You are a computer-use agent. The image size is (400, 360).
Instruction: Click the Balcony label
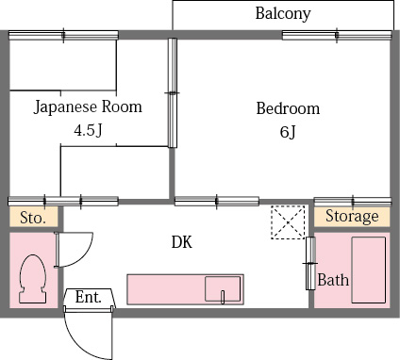click(283, 14)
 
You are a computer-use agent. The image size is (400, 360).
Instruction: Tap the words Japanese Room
click(88, 107)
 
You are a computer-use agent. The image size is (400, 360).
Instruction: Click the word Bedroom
click(288, 108)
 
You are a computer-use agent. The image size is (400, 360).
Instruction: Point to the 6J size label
click(288, 131)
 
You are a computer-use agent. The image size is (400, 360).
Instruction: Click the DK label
click(181, 242)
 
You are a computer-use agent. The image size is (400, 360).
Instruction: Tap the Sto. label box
click(33, 218)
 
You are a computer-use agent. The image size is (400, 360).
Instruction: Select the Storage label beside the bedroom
click(352, 217)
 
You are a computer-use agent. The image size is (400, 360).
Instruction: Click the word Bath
click(333, 280)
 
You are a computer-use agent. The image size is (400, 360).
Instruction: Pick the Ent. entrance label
click(89, 297)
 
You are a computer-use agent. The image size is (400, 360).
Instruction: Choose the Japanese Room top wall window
click(63, 35)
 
